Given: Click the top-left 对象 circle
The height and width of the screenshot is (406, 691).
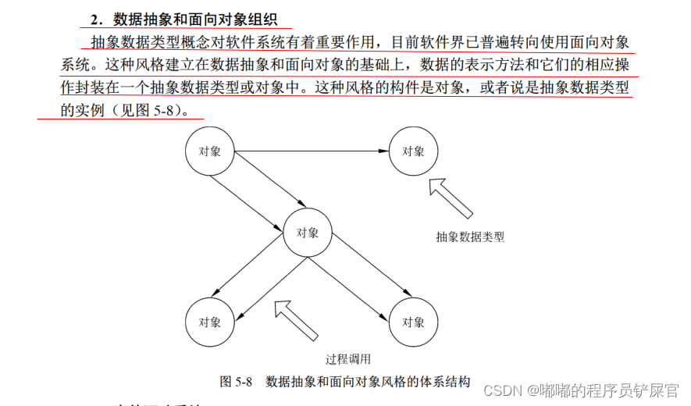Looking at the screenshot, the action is pos(210,151).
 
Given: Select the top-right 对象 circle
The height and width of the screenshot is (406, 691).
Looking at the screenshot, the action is pos(413,151).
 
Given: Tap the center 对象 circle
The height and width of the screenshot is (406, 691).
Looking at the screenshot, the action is pos(308,233).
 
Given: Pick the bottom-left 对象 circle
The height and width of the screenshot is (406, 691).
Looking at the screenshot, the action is pos(209,322).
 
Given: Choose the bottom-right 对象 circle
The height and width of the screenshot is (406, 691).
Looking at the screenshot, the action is pos(413,322).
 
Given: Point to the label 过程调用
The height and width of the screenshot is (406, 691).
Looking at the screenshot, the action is pos(347,359).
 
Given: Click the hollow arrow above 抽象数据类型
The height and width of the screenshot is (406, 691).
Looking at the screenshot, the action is pos(451,198).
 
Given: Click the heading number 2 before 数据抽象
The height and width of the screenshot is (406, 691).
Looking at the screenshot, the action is pos(97,19).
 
